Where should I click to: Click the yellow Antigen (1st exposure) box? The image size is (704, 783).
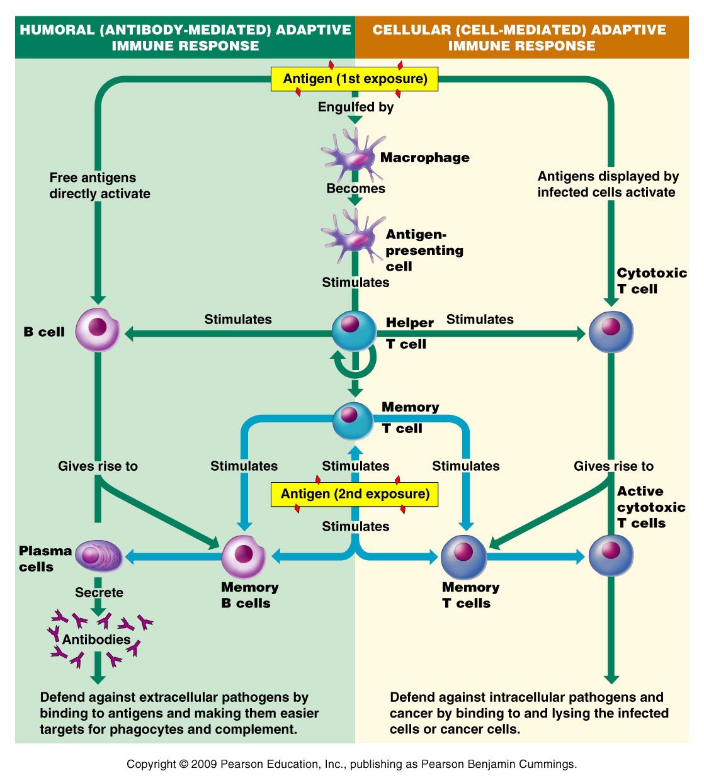point(355,79)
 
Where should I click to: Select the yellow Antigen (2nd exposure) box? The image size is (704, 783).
point(355,494)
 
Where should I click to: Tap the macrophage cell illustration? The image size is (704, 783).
point(353,157)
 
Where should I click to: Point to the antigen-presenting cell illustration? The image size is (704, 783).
point(353,235)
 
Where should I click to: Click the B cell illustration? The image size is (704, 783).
point(97,330)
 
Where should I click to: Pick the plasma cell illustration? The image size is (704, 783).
point(98,555)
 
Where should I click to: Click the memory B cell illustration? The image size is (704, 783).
point(244,556)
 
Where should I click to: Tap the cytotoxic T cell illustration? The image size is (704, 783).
point(611,332)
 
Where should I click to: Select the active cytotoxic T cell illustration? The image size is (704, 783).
point(611,555)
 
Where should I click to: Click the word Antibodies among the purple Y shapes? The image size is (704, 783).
point(96,639)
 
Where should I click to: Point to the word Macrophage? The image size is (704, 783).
point(424,157)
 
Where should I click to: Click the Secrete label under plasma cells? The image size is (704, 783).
point(99,592)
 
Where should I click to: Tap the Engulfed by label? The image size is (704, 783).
point(356,107)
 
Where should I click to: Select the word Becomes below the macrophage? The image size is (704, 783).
point(356,189)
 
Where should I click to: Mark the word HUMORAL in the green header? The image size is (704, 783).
point(57,30)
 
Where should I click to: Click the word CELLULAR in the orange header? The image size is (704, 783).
point(411,30)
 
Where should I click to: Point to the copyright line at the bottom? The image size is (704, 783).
point(351,764)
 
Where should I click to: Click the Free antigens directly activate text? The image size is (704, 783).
point(99,186)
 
